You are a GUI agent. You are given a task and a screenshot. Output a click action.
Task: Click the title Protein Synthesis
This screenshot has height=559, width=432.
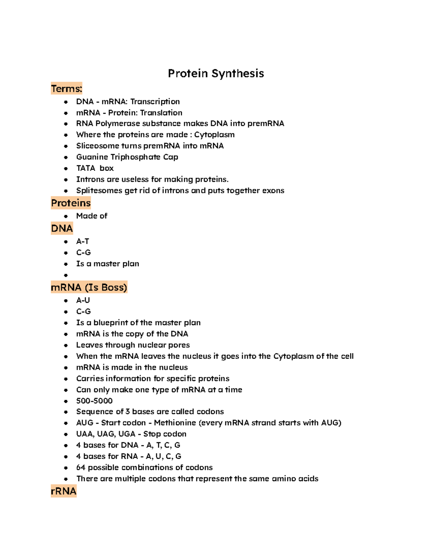216,73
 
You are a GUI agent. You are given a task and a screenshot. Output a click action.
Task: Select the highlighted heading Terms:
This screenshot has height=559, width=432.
67,89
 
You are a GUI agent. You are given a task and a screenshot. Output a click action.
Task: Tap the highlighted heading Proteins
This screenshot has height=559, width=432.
71,203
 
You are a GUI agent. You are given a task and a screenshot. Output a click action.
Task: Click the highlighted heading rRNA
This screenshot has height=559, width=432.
64,491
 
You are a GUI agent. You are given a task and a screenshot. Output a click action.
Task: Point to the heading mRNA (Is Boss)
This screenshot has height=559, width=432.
89,287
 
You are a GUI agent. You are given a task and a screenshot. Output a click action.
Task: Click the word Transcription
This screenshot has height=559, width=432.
155,102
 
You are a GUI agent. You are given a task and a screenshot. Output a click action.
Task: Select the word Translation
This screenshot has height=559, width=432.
161,113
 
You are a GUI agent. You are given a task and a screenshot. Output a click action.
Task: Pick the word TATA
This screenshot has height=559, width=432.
86,168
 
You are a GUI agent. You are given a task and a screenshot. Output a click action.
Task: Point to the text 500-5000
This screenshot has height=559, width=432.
94,401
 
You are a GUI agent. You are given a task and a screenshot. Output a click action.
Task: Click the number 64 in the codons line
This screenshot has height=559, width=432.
81,468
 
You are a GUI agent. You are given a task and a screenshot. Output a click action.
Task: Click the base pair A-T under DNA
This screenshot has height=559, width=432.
82,242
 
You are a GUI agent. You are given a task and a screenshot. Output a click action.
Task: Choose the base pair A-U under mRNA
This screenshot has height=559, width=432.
83,300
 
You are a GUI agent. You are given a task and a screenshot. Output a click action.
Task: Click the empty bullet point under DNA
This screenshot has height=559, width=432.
66,275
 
